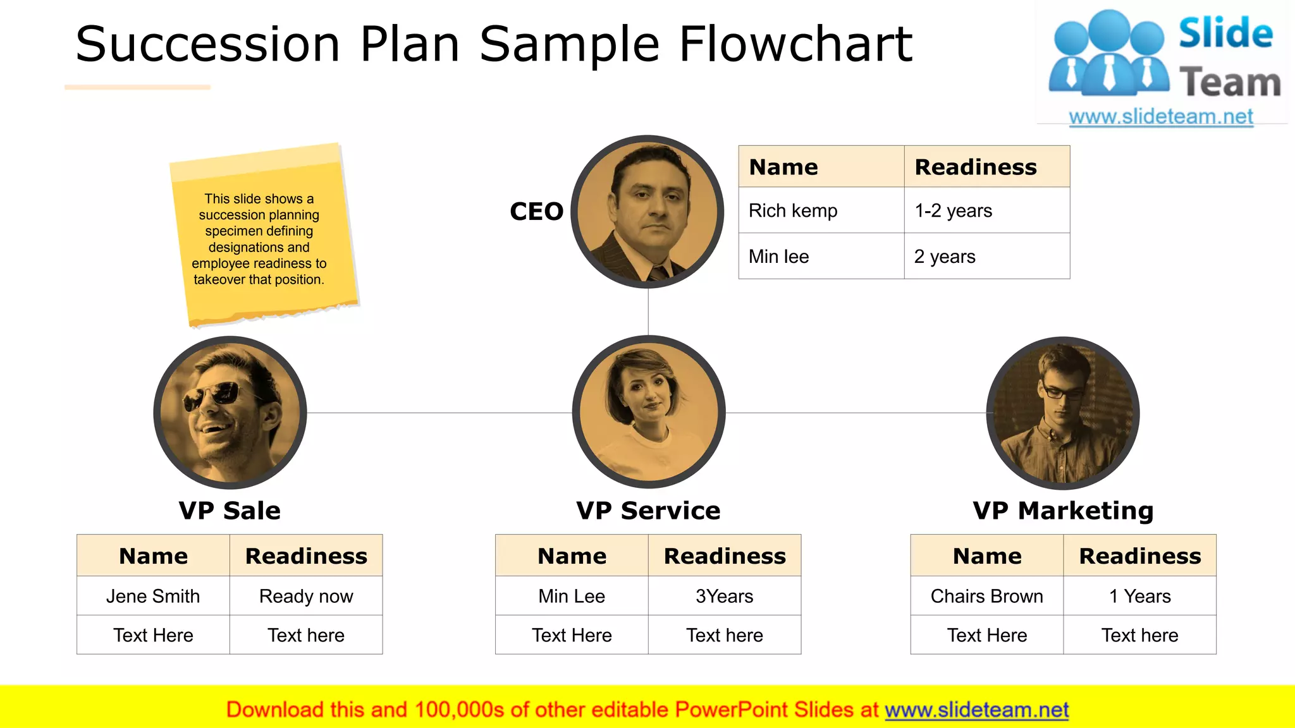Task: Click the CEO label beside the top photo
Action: tap(536, 212)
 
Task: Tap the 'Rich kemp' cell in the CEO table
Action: tap(793, 210)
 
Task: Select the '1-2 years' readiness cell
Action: tap(953, 210)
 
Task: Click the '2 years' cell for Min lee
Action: tap(945, 257)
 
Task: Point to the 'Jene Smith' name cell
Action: tap(153, 596)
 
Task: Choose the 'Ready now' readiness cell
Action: tap(306, 596)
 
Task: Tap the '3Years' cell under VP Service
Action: tap(725, 596)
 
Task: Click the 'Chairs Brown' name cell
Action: tap(986, 596)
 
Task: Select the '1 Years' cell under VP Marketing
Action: tap(1139, 596)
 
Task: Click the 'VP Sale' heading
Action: tap(230, 511)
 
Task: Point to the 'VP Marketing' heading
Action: tap(1063, 511)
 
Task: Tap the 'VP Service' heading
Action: tap(648, 511)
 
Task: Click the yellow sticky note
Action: tap(262, 237)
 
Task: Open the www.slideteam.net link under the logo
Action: tap(1161, 117)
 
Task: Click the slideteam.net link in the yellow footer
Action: tap(976, 710)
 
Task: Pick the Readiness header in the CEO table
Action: tap(976, 167)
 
